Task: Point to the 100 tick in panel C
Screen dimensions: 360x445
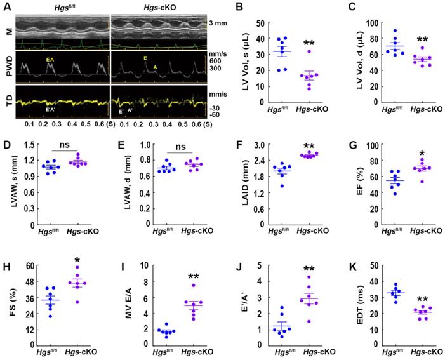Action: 369,22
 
